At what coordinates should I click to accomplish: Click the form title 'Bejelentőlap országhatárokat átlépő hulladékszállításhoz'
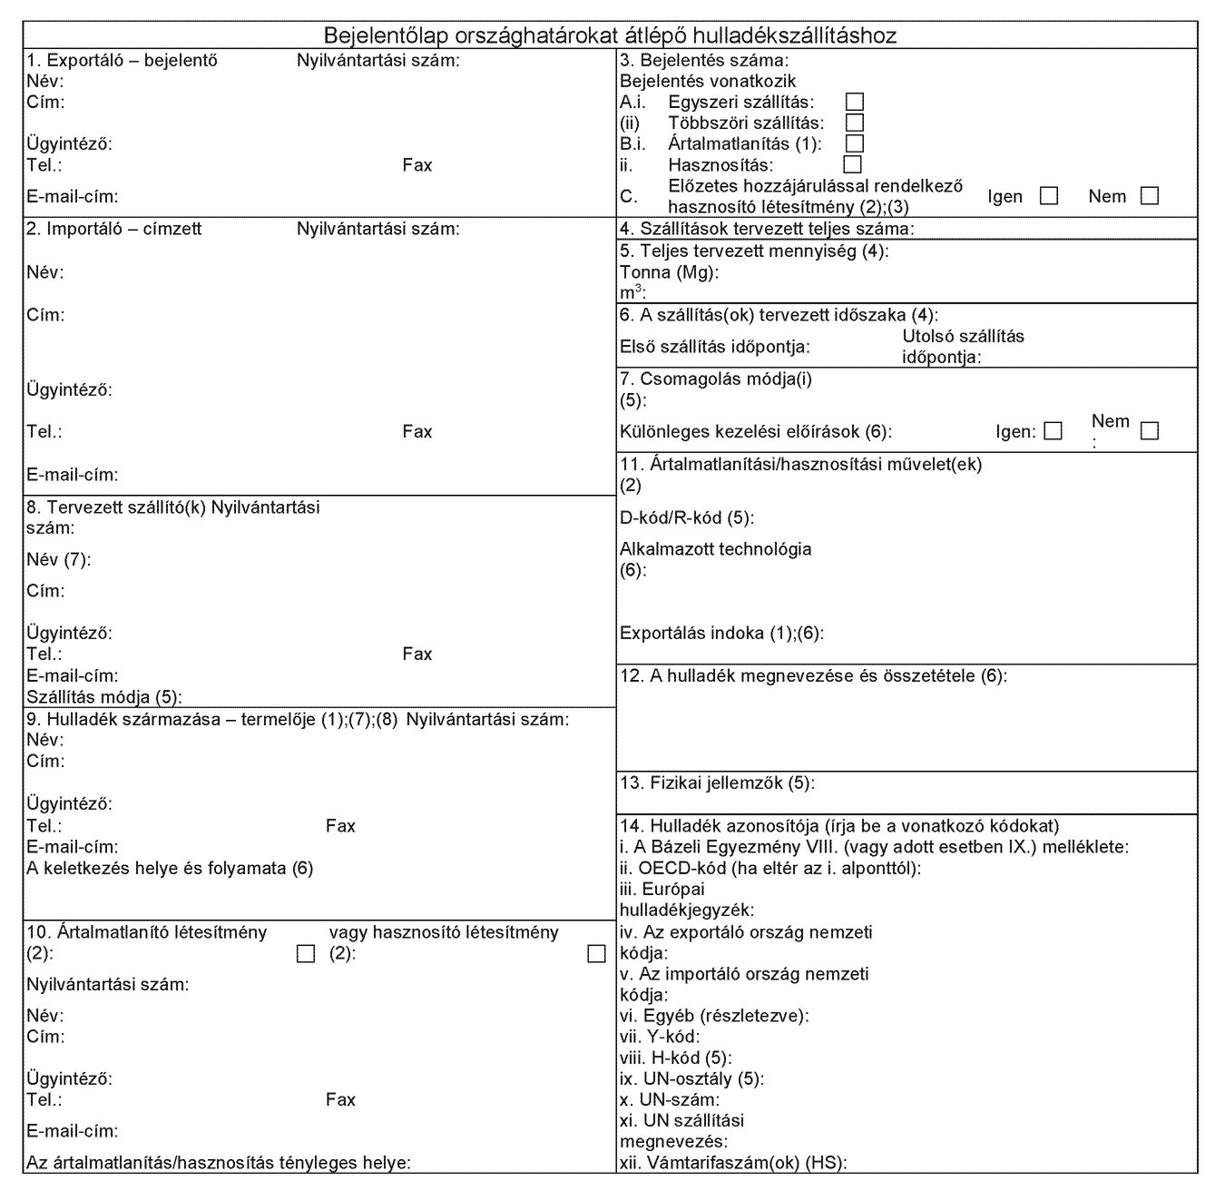point(610,35)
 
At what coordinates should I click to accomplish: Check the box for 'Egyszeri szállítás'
point(854,102)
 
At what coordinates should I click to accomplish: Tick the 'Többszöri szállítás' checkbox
point(854,123)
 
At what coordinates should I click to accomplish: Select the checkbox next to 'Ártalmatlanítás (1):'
point(854,143)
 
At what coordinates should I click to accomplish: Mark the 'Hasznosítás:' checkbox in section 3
point(852,164)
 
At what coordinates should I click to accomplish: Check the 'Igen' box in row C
point(1049,196)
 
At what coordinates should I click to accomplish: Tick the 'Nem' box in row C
point(1150,196)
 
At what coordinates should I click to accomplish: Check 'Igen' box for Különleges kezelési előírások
point(1053,431)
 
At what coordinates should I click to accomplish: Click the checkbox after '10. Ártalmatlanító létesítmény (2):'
point(306,953)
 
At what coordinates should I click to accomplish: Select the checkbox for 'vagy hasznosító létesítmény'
point(596,953)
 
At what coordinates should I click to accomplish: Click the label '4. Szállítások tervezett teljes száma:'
point(767,230)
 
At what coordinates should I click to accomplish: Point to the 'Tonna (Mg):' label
point(669,272)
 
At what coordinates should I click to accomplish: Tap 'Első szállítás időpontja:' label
point(715,347)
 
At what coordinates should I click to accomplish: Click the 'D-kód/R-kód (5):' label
point(687,518)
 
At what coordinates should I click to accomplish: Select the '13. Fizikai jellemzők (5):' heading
point(717,783)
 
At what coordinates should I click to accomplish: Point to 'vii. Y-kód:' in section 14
point(660,1036)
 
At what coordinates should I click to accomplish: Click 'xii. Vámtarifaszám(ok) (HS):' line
point(733,1162)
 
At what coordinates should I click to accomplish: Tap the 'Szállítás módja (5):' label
point(104,696)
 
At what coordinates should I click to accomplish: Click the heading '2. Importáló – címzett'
point(114,229)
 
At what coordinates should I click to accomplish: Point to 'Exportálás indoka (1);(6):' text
point(721,634)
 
